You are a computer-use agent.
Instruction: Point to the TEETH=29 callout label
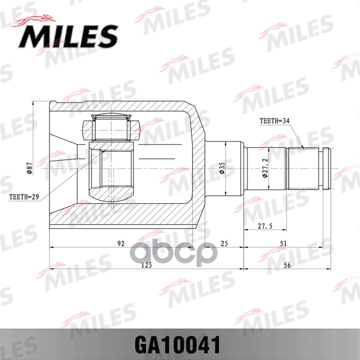pyautogui.click(x=23, y=197)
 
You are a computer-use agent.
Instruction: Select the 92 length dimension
pyautogui.click(x=121, y=243)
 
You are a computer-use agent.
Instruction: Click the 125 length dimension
pyautogui.click(x=146, y=265)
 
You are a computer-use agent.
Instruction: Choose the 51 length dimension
pyautogui.click(x=283, y=243)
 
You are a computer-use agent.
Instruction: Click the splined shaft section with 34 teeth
pyautogui.click(x=303, y=168)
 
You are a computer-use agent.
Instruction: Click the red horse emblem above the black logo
pyautogui.click(x=36, y=21)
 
